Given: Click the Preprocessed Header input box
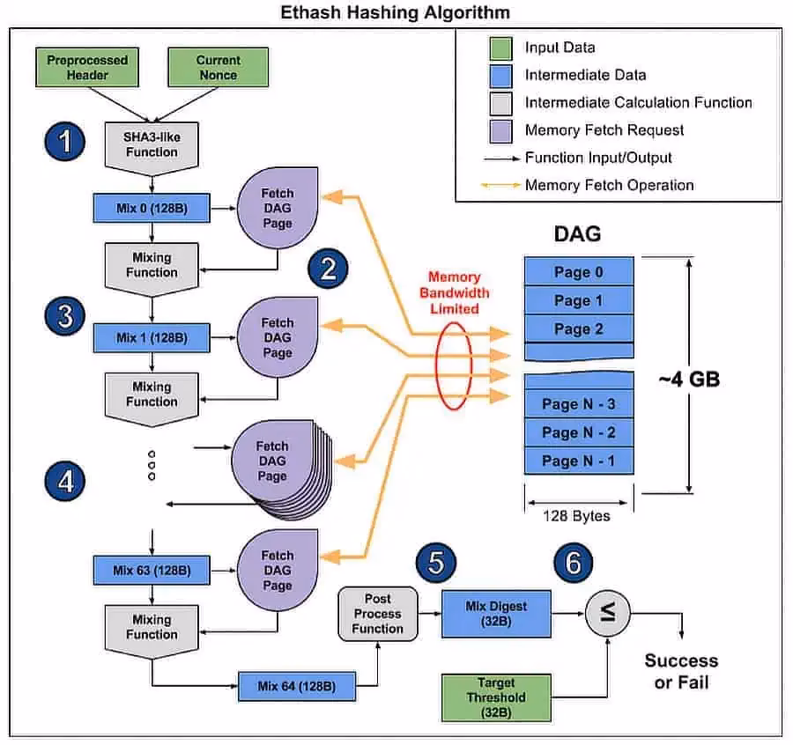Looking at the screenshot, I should coord(87,68).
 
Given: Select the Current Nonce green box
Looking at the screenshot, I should coord(218,68).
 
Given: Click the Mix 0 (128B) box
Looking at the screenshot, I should coord(152,208).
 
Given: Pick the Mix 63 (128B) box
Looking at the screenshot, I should coord(152,570).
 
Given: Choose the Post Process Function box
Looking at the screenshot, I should coord(377,613).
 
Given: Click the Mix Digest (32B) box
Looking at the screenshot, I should coord(496,613).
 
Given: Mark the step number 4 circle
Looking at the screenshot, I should coord(65,481).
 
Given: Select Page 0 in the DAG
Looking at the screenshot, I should coord(579,272).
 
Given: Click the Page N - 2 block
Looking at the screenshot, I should coord(579,432).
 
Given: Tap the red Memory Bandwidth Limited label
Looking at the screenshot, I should coord(454,292).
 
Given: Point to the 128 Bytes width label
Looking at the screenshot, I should coord(578,515).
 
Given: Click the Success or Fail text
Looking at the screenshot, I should coord(681,670).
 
